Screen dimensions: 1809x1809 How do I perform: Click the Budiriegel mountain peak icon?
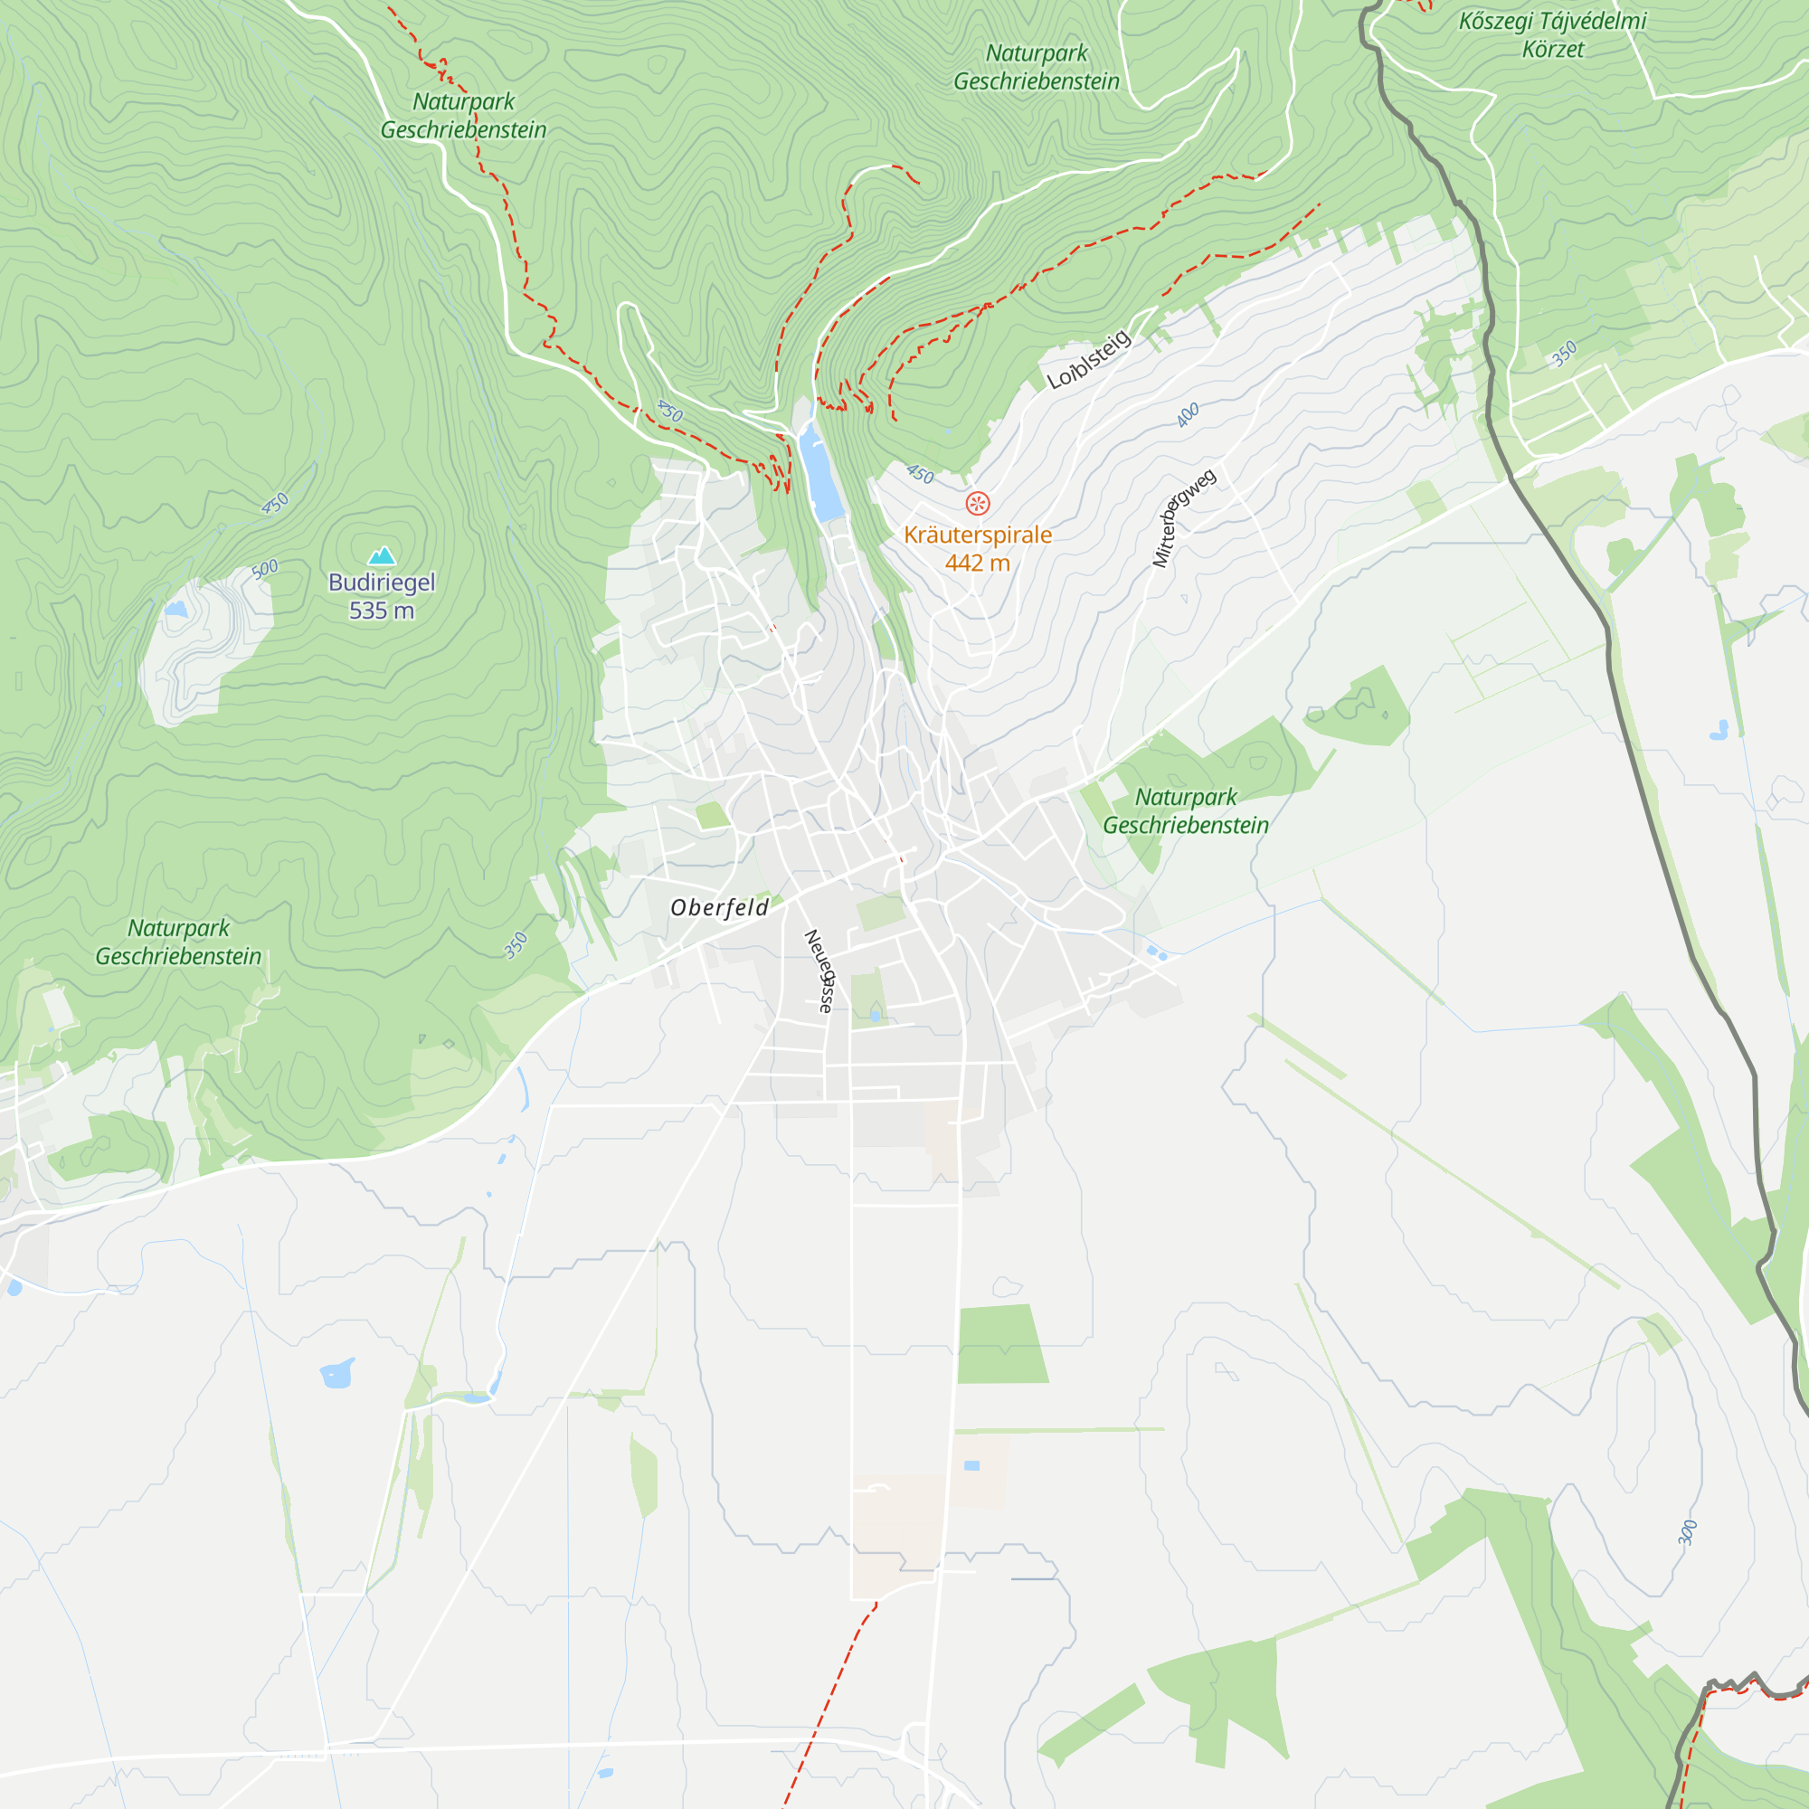[x=381, y=556]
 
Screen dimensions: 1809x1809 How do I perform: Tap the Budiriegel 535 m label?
[x=381, y=596]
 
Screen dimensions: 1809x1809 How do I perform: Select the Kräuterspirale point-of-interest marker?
[x=977, y=504]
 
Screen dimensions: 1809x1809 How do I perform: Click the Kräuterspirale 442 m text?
[x=977, y=549]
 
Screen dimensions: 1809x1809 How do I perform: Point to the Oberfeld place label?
[x=719, y=907]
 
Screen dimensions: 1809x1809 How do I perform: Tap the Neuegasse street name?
[x=819, y=971]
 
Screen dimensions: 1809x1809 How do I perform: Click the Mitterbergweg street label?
[x=1183, y=517]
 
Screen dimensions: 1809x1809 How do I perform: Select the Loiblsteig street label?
[x=1088, y=361]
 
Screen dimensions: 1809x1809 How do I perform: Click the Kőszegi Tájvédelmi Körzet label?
[x=1552, y=34]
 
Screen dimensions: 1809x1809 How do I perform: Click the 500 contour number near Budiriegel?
[x=265, y=568]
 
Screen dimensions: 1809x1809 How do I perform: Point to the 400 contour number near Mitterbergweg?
[x=1188, y=415]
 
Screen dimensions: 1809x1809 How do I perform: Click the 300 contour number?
[x=1686, y=1533]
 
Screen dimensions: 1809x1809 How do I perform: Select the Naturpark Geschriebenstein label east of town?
[x=1185, y=810]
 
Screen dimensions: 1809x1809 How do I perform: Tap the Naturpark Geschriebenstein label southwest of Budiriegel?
[x=178, y=942]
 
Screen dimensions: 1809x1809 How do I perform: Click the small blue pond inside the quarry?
[x=176, y=610]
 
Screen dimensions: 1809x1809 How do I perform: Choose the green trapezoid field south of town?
[x=1001, y=1345]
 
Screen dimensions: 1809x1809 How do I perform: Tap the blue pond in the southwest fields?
[x=336, y=1374]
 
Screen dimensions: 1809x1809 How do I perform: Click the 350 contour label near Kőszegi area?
[x=1564, y=354]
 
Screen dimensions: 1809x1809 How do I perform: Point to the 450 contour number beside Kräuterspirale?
[x=920, y=475]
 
